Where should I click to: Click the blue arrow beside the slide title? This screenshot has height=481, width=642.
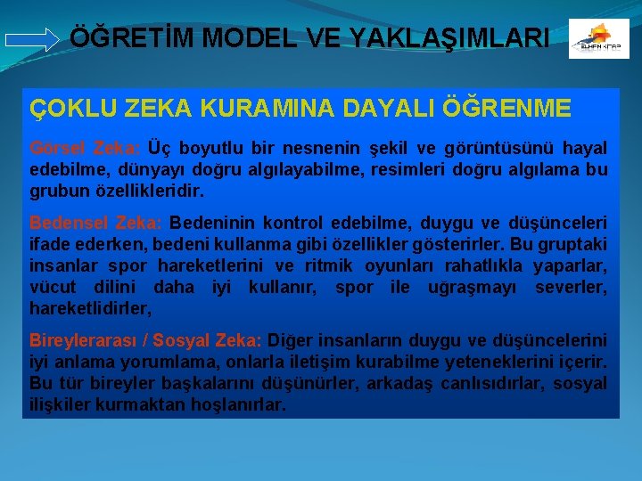pos(32,39)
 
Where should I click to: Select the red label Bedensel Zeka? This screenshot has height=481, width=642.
pos(95,222)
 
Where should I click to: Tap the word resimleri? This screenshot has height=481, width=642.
pos(414,169)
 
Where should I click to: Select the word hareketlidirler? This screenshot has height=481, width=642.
pos(89,309)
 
